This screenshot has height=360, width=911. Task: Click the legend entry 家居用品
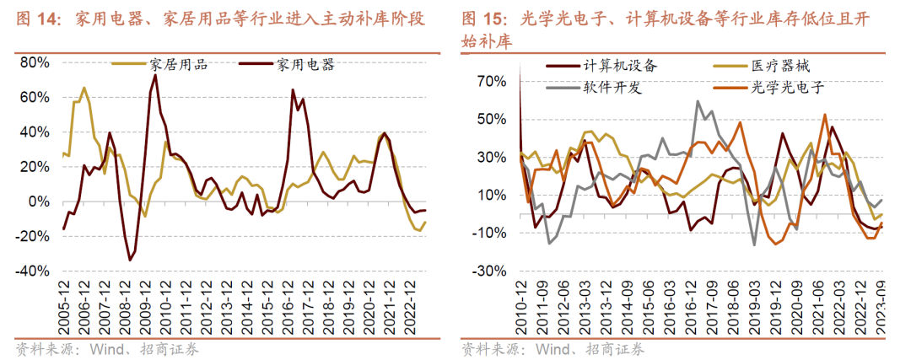pyautogui.click(x=177, y=64)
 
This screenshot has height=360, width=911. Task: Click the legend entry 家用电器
pyautogui.click(x=305, y=64)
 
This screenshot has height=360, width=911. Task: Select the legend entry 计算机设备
pyautogui.click(x=620, y=65)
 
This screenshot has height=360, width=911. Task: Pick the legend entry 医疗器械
pyautogui.click(x=780, y=65)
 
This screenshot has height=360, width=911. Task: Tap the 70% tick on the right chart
pyautogui.click(x=490, y=82)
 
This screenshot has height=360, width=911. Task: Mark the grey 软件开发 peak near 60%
pyautogui.click(x=698, y=101)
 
